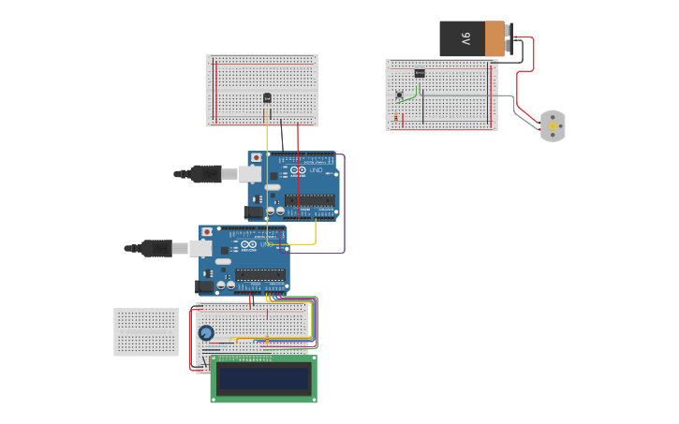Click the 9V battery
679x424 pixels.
(473, 38)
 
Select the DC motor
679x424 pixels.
(553, 125)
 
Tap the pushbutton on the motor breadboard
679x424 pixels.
(400, 95)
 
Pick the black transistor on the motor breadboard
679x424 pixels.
(419, 73)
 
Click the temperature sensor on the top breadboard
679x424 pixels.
(268, 97)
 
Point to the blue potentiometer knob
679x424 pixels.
(206, 332)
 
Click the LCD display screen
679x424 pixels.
(263, 379)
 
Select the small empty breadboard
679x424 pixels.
(146, 332)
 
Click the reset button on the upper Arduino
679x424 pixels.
(256, 157)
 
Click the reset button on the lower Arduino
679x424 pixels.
(207, 231)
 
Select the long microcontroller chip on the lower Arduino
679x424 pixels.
(260, 274)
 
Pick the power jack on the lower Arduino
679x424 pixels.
(204, 286)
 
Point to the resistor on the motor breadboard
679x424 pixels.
(396, 118)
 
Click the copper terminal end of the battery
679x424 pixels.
(494, 38)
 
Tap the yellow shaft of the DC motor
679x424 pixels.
(553, 124)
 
